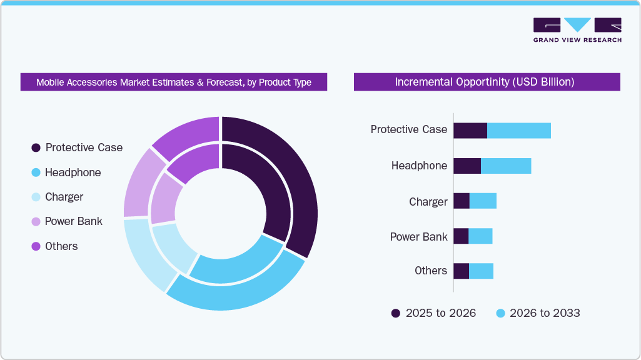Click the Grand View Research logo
pos(577,29)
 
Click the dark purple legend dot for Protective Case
pos(36,148)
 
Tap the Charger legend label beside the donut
pos(64,197)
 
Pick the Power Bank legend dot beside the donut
pos(36,222)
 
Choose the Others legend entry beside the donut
pos(61,246)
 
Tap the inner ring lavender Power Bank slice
pos(163,197)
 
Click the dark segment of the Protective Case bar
pos(470,131)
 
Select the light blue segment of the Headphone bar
pos(505,166)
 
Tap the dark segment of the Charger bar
pos(462,201)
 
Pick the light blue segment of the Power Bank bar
pos(480,236)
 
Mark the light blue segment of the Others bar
pos(481,271)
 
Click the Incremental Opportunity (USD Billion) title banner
pos(487,82)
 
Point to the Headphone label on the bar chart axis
pos(419,166)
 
